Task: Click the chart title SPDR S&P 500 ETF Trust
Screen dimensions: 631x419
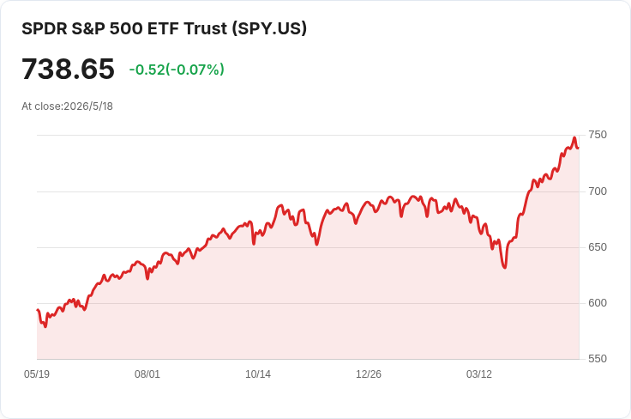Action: click(x=124, y=28)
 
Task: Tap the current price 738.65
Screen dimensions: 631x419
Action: click(x=68, y=69)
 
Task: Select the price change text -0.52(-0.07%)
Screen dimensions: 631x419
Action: click(x=177, y=70)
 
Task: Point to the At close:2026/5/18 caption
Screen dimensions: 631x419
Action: click(x=67, y=106)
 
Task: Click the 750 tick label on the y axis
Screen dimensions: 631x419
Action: click(x=598, y=135)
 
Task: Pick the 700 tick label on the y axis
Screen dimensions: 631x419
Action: click(x=598, y=191)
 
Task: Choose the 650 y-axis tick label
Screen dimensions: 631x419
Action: click(x=598, y=247)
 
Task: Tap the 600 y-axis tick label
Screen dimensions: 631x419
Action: click(x=598, y=303)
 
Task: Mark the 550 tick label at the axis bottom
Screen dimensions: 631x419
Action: click(x=598, y=359)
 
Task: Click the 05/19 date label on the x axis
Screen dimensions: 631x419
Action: click(x=37, y=374)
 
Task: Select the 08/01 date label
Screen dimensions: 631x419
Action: click(x=147, y=374)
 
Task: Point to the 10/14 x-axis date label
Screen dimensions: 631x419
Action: click(x=258, y=374)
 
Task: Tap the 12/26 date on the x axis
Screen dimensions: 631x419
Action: click(x=369, y=374)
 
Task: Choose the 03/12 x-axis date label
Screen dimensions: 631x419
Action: click(x=479, y=374)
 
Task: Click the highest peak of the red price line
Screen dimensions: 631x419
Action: click(x=574, y=137)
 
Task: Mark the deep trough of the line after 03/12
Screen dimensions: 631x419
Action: click(x=505, y=268)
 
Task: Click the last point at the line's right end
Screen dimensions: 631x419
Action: click(x=579, y=149)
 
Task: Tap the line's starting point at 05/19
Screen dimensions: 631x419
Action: click(x=38, y=310)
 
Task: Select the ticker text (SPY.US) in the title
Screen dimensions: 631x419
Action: click(x=269, y=28)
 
